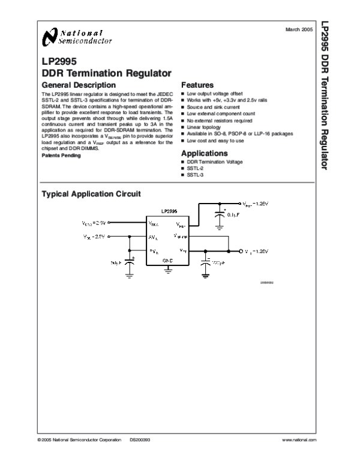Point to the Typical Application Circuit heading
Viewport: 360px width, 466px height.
click(x=91, y=193)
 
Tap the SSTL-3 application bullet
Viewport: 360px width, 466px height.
click(x=196, y=175)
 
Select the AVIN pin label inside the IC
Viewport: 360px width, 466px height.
click(x=154, y=237)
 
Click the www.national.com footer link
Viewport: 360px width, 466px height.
click(x=299, y=440)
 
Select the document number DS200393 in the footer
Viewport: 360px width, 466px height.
click(x=140, y=440)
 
